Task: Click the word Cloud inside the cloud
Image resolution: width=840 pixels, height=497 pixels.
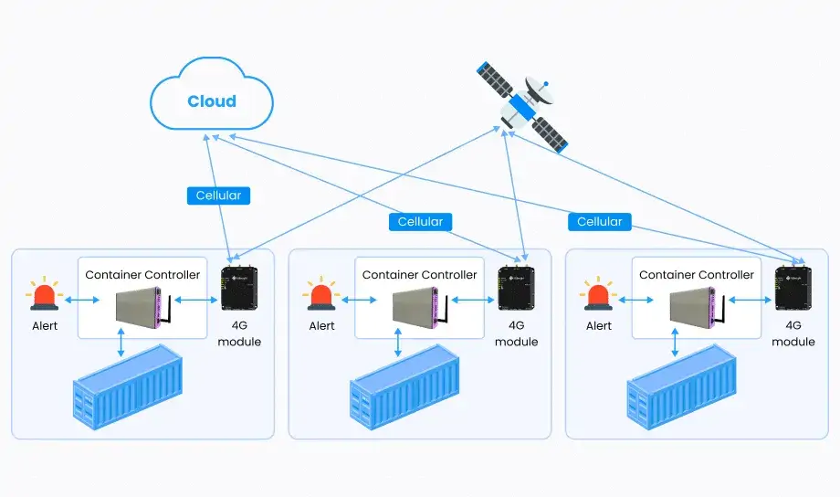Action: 212,101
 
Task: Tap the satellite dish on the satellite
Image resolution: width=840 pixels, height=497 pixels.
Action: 541,91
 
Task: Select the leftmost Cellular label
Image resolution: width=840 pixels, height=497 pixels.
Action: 219,196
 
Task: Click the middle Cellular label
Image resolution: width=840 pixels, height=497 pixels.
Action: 421,222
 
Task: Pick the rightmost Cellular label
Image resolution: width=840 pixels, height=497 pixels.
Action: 600,222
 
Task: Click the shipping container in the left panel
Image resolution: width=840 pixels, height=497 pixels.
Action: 128,386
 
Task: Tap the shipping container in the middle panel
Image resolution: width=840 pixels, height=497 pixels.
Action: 405,386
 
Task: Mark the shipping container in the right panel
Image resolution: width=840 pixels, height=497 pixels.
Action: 682,386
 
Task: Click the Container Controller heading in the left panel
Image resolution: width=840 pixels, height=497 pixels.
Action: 142,274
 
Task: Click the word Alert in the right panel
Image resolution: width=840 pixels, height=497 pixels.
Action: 599,326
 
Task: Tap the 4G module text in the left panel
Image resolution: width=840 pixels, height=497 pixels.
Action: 239,333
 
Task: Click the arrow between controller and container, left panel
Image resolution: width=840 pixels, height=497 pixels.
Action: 122,341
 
